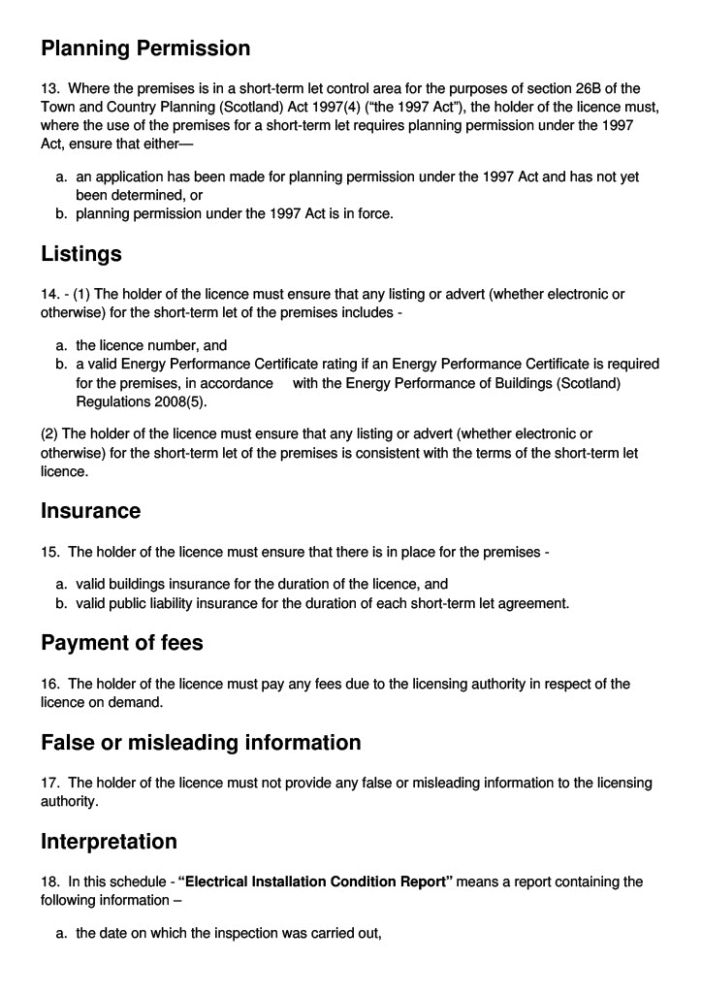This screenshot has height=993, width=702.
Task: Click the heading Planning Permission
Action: point(145,48)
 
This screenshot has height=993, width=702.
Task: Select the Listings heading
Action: point(81,254)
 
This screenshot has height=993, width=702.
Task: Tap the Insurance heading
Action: point(90,510)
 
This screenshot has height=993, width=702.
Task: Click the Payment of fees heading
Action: point(122,642)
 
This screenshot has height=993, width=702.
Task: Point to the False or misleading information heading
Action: point(201,743)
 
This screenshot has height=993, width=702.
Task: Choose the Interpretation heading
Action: point(109,841)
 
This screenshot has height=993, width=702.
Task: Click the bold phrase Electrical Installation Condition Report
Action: point(316,881)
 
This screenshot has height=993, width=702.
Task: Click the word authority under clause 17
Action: point(68,801)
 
